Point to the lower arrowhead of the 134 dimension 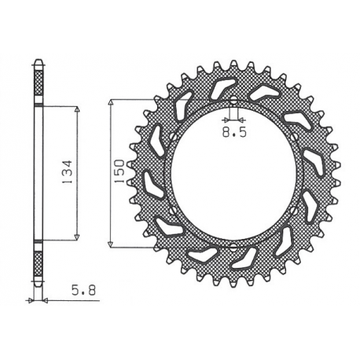click(x=77, y=237)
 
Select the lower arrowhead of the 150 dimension click(x=111, y=244)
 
